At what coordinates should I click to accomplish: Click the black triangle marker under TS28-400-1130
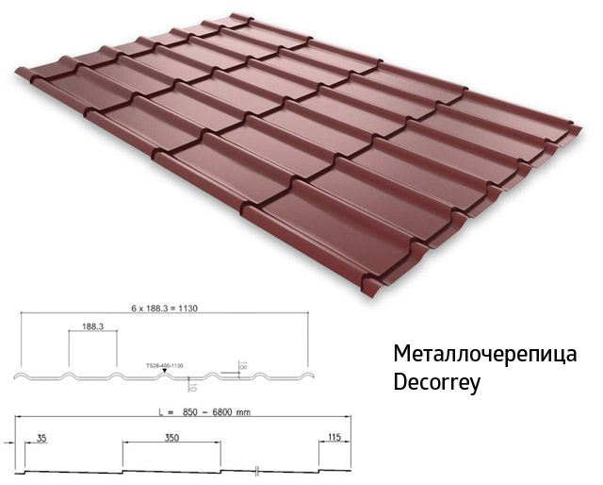pos(166,372)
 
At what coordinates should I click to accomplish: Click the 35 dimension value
pos(41,438)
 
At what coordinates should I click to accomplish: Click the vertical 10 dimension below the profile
pos(192,385)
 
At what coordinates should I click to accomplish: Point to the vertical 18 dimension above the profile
pos(242,364)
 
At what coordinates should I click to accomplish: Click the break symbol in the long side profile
pos(256,469)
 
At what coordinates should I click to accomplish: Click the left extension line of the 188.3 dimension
pos(68,351)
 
